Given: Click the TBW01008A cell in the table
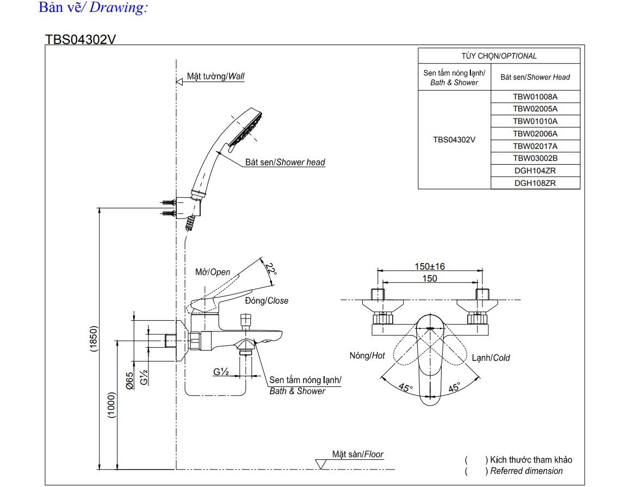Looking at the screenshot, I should (x=535, y=97).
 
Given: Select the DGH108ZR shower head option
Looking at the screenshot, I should (x=535, y=183).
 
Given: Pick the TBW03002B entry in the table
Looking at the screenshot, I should (x=535, y=158).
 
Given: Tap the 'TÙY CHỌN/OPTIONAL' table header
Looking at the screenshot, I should (x=499, y=56).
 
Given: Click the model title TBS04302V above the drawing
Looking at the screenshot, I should (x=81, y=40).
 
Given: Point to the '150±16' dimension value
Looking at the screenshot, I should (x=430, y=266).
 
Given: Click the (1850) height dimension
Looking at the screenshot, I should (x=93, y=339).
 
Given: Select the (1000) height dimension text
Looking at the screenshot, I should (x=111, y=405).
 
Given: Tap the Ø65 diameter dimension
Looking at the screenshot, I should (x=130, y=380).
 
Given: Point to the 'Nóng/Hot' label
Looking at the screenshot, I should (x=367, y=355).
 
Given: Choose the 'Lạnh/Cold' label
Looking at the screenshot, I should (x=491, y=358).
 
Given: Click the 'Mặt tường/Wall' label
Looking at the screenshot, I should (x=215, y=77).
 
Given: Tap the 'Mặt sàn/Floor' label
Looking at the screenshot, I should (x=358, y=454).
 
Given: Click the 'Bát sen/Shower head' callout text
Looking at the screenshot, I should (x=285, y=162).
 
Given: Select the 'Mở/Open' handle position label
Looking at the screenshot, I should (x=213, y=272).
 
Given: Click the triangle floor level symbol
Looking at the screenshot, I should (x=321, y=464).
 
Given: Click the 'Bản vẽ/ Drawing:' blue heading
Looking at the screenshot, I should (x=93, y=9).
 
